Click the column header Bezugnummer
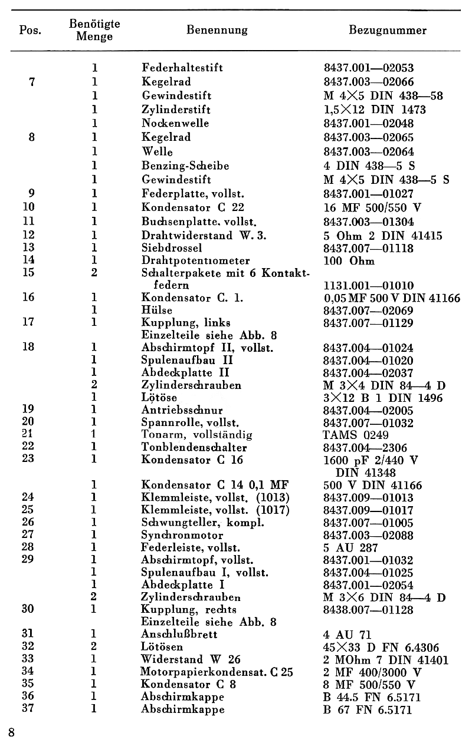click(x=388, y=30)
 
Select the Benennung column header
click(x=217, y=30)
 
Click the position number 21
click(x=28, y=435)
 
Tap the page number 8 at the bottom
click(x=12, y=732)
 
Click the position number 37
click(x=28, y=709)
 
